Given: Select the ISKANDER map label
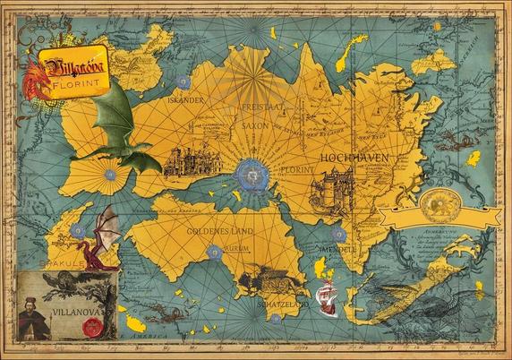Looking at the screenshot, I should point(185,100).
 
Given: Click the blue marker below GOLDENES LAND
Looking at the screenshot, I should point(214,253).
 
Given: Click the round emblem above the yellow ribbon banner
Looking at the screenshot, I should point(436,200).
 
